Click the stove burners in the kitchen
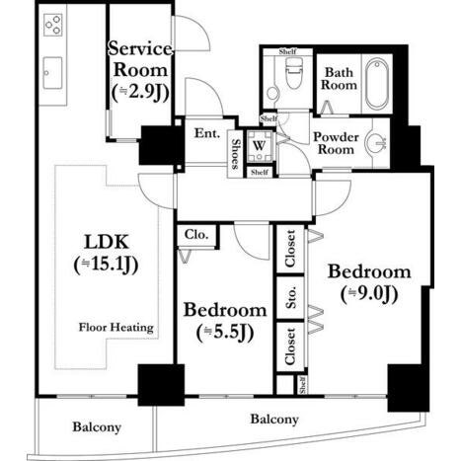pos(53,25)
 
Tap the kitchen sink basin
pos(52,73)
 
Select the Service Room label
pos(140,59)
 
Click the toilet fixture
pos(293,73)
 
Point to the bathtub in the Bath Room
pos(377,84)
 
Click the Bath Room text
pos(339,79)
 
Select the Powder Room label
pos(336,143)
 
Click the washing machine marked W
pos(260,145)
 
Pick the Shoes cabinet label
pos(235,154)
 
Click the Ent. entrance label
pos(207,133)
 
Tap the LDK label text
pos(107,242)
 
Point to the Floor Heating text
pos(116,328)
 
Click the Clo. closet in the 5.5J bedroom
pos(196,235)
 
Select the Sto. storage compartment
pos(290,298)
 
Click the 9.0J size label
pos(369,294)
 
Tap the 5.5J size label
pos(225,333)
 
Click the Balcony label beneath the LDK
pos(97,427)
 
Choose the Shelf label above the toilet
pos(288,51)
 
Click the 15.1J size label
pos(106,265)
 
